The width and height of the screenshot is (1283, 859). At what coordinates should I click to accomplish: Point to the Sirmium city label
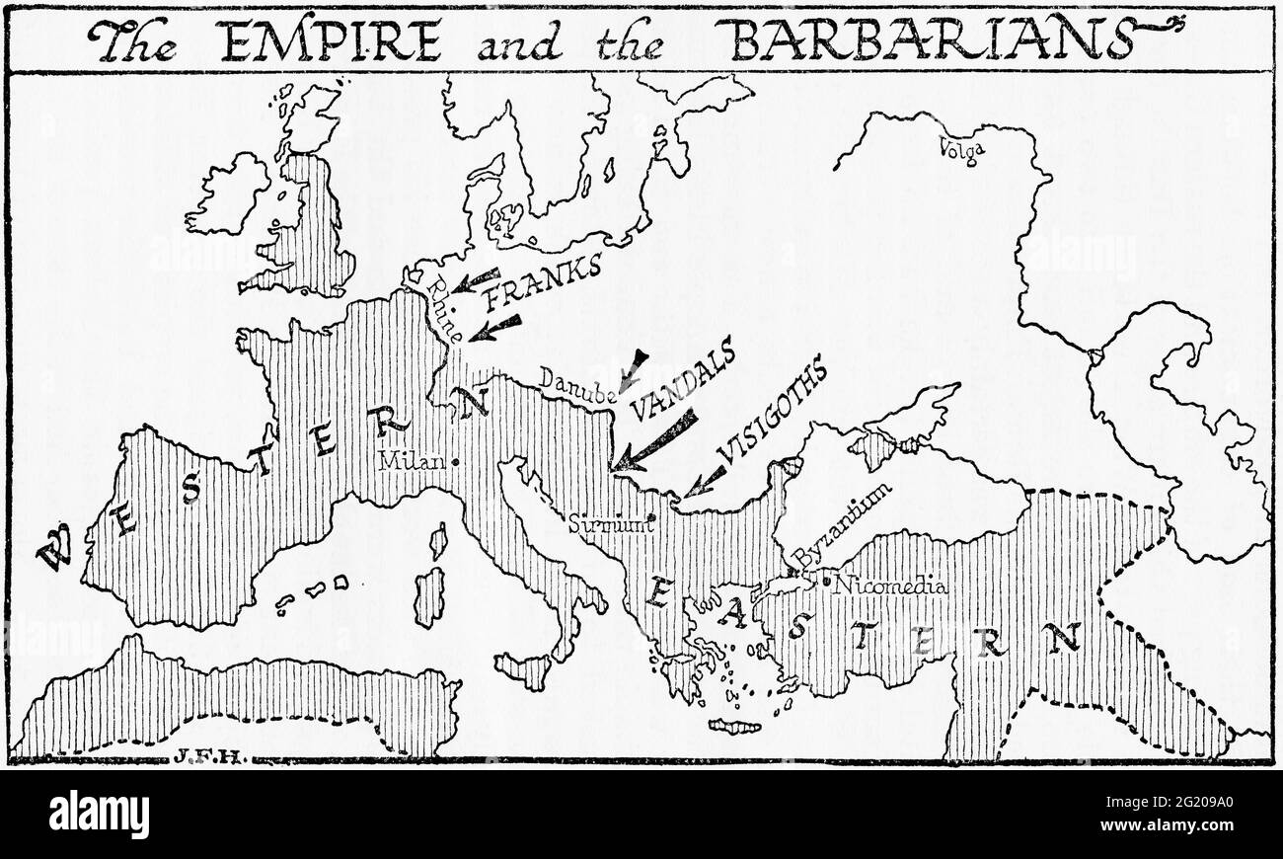coord(611,523)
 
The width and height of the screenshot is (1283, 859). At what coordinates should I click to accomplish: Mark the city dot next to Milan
coord(454,461)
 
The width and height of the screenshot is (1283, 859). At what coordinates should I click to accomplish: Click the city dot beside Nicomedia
coord(826,583)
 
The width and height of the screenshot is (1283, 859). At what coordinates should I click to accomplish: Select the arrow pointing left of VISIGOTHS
coord(707,480)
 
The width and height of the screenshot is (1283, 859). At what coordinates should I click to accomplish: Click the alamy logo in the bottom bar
coord(99,816)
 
